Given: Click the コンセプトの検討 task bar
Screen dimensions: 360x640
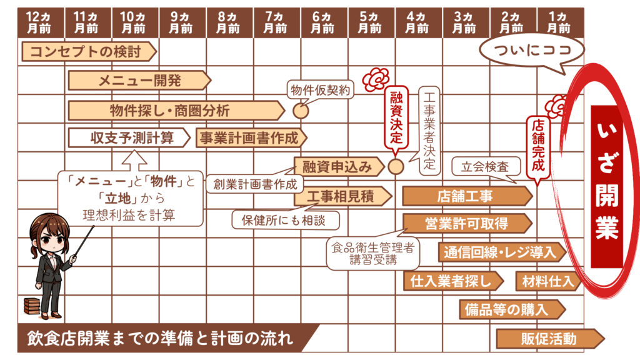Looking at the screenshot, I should [x=87, y=52].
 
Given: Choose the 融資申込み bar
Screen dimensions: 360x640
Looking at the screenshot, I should [x=337, y=166].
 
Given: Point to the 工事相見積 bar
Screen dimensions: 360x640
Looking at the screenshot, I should [x=341, y=196].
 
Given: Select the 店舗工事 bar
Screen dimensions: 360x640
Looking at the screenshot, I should [x=466, y=196].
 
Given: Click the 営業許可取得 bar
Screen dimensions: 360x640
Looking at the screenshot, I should [x=466, y=223].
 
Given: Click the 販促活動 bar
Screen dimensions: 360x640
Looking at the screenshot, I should [x=549, y=339].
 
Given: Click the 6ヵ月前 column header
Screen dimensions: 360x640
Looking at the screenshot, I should [x=322, y=22].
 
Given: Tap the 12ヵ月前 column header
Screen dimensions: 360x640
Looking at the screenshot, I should [x=41, y=22].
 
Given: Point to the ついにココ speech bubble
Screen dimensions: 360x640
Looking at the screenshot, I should [x=532, y=50].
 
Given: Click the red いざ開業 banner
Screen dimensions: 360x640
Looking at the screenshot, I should [x=606, y=186].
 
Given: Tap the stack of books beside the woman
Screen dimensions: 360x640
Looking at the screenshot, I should [x=30, y=306].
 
